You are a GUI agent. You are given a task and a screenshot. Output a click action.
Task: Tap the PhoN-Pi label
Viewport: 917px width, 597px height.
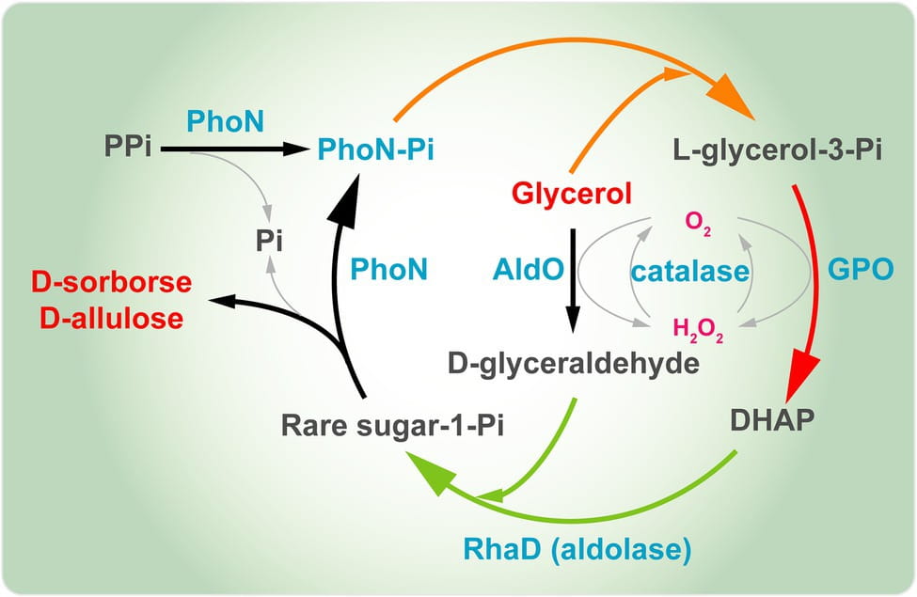tap(375, 149)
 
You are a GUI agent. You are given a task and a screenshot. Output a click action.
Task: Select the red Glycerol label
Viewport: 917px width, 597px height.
tap(571, 195)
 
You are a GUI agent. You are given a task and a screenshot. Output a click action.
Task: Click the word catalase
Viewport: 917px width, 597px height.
tap(690, 272)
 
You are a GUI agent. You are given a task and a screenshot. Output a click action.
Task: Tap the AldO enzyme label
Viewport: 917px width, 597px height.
tap(528, 271)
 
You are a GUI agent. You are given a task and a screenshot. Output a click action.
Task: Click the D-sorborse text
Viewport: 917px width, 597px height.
tap(112, 282)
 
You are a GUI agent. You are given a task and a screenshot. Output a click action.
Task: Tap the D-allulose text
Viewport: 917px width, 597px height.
tap(112, 318)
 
